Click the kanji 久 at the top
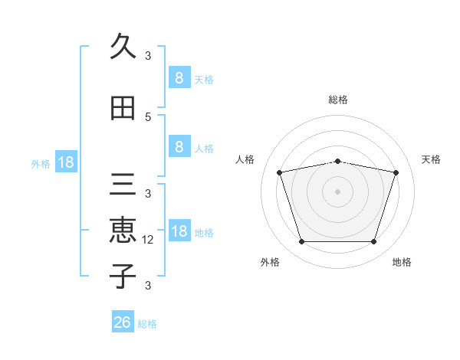point(123,47)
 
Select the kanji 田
point(123,109)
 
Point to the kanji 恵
point(123,230)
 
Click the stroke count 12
point(149,240)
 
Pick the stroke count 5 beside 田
point(148,117)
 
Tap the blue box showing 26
point(123,322)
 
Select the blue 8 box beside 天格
point(179,77)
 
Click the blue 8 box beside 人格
point(179,147)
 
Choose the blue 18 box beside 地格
point(179,231)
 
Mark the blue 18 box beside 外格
point(65,162)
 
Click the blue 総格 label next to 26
point(147,324)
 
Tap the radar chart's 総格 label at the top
point(338,100)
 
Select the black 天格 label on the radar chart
point(432,159)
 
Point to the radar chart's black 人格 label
point(245,159)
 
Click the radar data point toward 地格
point(374,242)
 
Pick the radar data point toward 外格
point(301,242)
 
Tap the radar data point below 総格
point(338,161)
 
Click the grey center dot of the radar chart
point(338,191)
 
